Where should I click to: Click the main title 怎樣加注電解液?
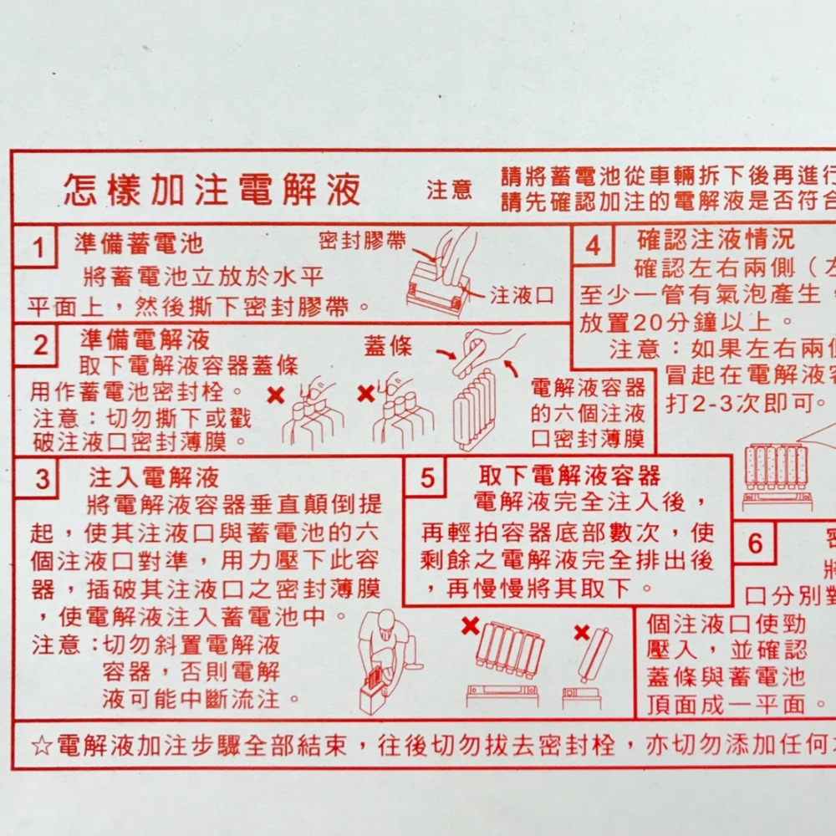tap(212, 191)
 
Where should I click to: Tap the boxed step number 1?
tap(37, 248)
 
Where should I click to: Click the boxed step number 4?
tap(593, 247)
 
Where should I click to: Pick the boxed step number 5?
tap(427, 479)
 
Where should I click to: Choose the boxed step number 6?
tap(756, 543)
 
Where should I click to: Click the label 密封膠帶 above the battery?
tap(363, 242)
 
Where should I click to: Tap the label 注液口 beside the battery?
tap(522, 295)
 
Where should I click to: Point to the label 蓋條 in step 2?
tap(388, 346)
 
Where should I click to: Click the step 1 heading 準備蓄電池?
tap(139, 244)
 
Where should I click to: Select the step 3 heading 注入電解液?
tap(155, 477)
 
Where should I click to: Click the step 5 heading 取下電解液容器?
tap(570, 476)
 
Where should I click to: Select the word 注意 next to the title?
tap(450, 191)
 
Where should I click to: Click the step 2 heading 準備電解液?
tap(145, 339)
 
